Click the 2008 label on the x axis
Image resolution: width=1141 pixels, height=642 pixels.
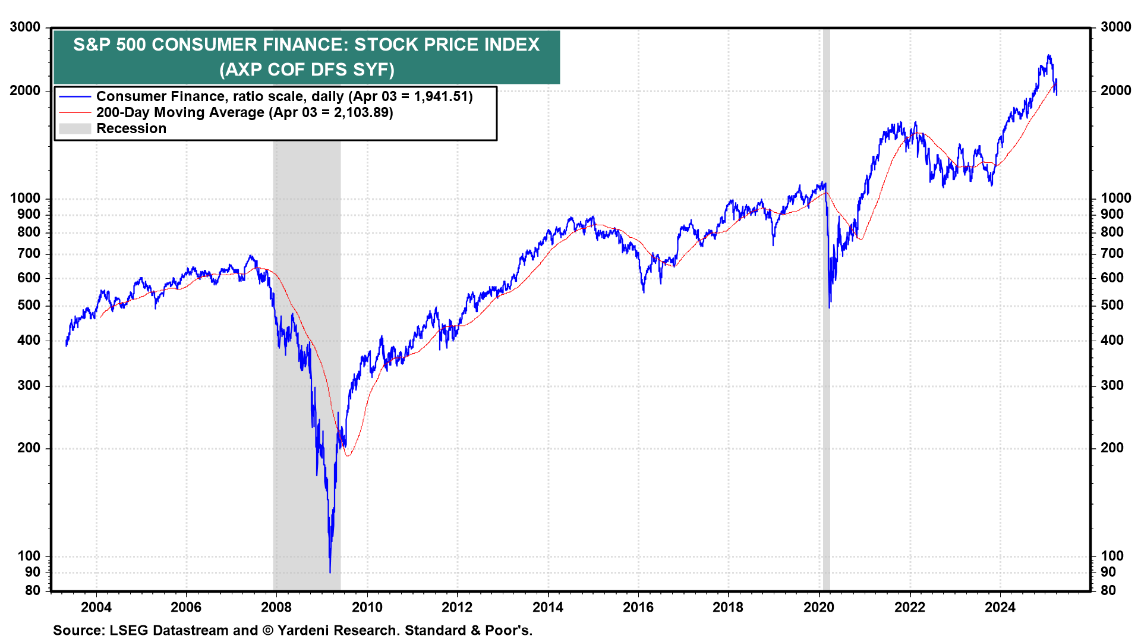click(x=276, y=607)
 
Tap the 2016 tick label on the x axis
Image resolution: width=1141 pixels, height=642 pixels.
click(x=638, y=607)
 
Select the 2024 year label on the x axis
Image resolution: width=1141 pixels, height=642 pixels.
click(x=1000, y=607)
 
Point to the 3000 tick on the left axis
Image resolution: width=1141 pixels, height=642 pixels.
click(x=25, y=27)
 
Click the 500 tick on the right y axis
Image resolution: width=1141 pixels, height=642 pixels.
click(x=1112, y=305)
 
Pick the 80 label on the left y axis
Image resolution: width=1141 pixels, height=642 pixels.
click(x=33, y=590)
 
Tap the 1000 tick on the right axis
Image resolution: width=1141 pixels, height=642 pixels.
click(x=1115, y=198)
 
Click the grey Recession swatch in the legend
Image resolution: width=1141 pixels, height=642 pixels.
click(x=75, y=128)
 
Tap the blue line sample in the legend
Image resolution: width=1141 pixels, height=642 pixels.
click(x=75, y=96)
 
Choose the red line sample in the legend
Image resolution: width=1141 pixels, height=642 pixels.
click(x=75, y=112)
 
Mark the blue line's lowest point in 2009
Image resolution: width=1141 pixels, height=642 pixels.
click(x=330, y=572)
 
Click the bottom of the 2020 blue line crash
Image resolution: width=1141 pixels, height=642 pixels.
click(x=830, y=307)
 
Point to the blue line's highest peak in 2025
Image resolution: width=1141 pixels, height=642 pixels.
click(x=1049, y=55)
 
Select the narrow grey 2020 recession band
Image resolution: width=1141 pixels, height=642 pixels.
click(x=826, y=357)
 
